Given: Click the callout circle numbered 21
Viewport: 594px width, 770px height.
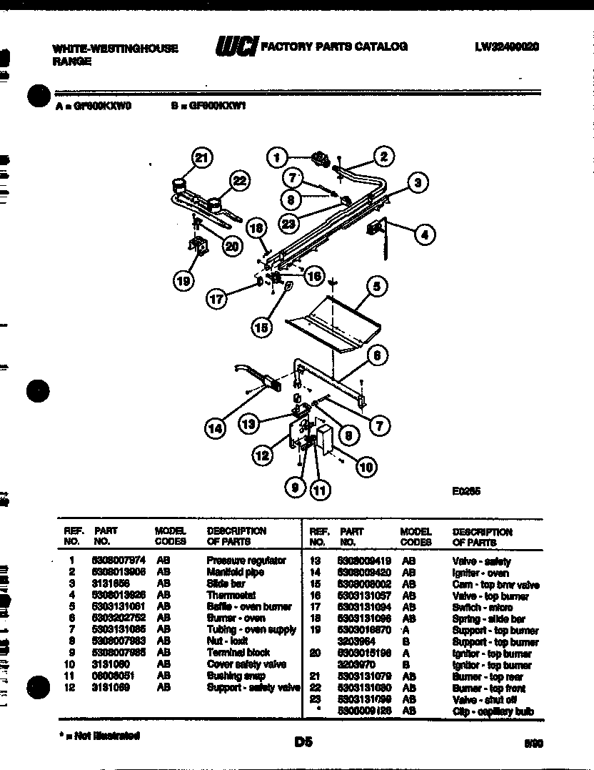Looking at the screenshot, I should [203, 159].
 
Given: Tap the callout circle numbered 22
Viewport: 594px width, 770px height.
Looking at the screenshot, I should [239, 182].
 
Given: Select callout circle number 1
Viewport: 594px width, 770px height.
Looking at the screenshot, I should [278, 157].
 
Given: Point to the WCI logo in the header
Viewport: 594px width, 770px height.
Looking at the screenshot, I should [236, 48].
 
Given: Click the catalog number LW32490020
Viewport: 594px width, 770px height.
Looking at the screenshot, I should [507, 47].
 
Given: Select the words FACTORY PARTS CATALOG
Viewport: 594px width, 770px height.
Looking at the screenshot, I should [335, 46].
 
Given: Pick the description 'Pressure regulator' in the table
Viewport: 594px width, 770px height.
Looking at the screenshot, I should [246, 561].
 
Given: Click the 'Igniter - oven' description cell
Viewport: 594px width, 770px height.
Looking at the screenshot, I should [480, 573].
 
